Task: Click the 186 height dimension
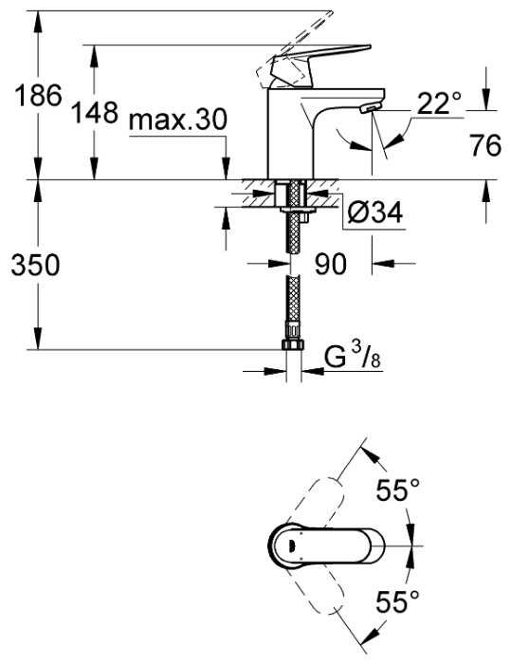[38, 95]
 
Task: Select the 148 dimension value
[94, 112]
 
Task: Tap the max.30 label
[178, 120]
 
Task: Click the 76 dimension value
[485, 145]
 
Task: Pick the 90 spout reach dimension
[331, 264]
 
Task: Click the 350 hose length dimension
[36, 266]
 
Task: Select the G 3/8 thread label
[353, 357]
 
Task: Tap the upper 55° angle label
[398, 490]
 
